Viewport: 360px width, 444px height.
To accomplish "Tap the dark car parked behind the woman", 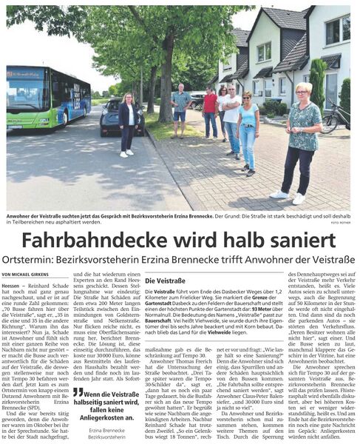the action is pos(111,119).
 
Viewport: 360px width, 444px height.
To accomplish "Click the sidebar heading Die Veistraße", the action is pos(164,282).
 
